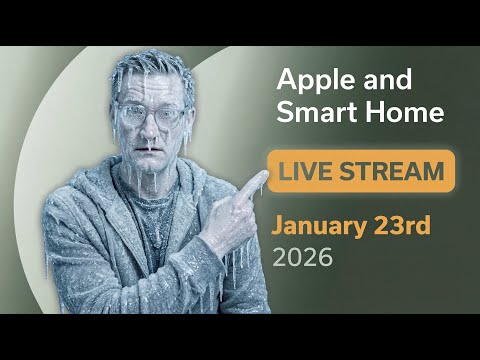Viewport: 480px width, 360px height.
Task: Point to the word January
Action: [x=321, y=225]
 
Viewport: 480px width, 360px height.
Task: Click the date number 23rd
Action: [x=402, y=225]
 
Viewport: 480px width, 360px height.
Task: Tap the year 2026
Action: [x=302, y=257]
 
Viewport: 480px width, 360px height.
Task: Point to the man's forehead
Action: [x=152, y=92]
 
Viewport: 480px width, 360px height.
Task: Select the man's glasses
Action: [x=151, y=112]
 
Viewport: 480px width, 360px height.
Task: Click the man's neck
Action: [x=150, y=185]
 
